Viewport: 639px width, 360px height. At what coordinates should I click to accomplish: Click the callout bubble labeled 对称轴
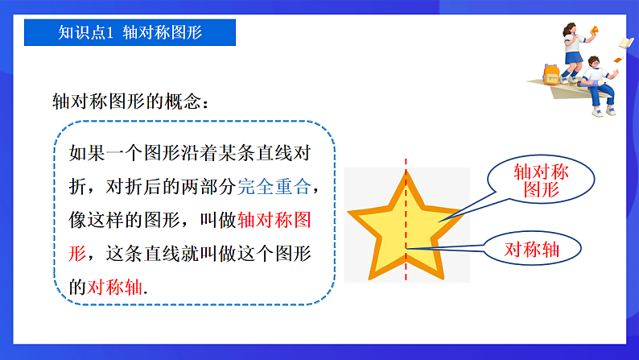click(x=532, y=250)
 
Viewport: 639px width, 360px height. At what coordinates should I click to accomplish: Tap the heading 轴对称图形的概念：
click(x=132, y=102)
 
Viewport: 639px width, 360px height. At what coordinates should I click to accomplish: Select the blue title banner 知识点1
click(x=130, y=33)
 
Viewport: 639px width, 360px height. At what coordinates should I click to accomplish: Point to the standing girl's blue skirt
click(x=572, y=58)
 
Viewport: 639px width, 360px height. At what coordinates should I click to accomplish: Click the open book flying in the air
click(x=626, y=42)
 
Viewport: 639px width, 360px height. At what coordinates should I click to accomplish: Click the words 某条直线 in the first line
click(x=242, y=153)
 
